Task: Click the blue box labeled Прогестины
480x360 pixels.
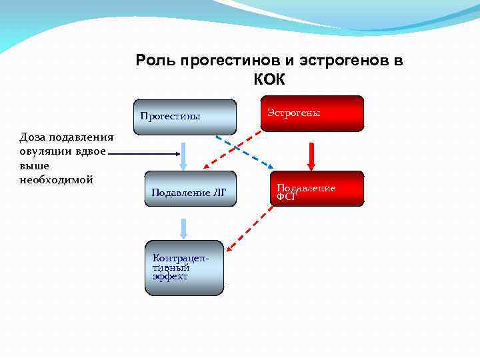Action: click(x=185, y=117)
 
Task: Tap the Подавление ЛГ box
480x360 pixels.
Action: click(x=189, y=192)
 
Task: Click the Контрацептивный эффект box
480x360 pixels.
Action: click(x=184, y=267)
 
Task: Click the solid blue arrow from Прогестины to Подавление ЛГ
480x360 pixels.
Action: click(x=185, y=155)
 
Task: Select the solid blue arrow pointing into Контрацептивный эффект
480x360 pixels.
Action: click(x=185, y=228)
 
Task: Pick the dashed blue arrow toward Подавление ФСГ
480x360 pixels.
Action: click(x=247, y=153)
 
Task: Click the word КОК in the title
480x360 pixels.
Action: click(x=269, y=80)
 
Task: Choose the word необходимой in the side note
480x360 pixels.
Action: click(x=56, y=180)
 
